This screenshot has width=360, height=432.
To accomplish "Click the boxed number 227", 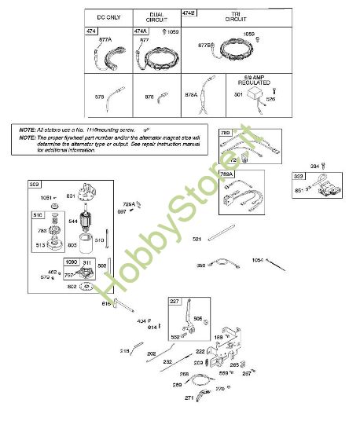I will pyautogui.click(x=174, y=300).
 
